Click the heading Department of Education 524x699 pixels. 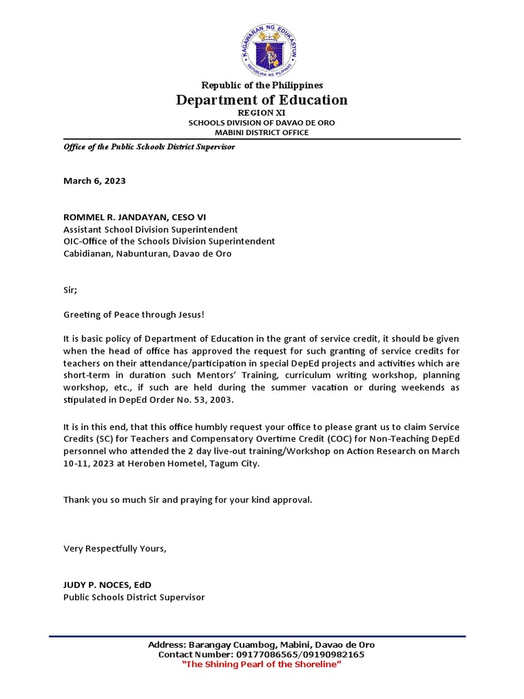[x=261, y=100]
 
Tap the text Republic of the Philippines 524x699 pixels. [x=261, y=85]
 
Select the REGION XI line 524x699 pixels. [x=261, y=112]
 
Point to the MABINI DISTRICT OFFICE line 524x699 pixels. [x=261, y=132]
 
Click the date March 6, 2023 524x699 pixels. [x=94, y=181]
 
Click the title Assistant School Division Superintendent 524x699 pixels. [x=151, y=229]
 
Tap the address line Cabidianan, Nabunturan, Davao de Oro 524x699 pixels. [x=147, y=253]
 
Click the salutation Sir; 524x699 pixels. [x=70, y=289]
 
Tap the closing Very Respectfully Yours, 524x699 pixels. [x=115, y=548]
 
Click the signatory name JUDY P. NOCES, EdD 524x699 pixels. [x=107, y=584]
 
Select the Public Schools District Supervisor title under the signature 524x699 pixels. [x=134, y=597]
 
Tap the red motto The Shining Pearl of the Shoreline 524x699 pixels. [x=261, y=665]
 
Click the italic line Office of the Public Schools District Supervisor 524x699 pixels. [x=149, y=147]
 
